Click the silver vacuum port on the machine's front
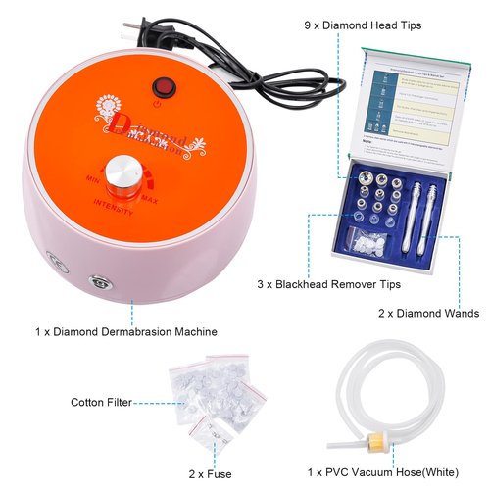[98, 283]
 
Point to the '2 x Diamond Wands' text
[428, 314]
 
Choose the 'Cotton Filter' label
[101, 402]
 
